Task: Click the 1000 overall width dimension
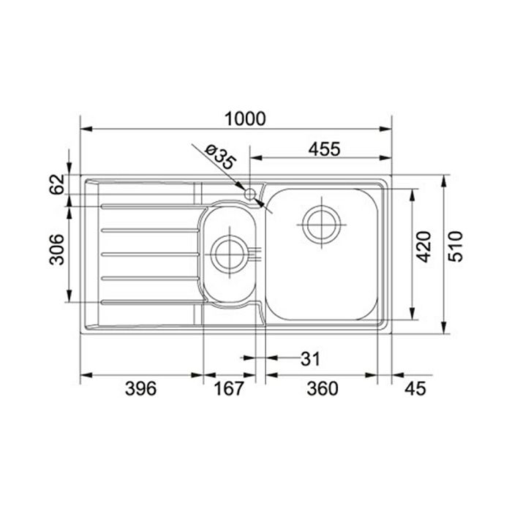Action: click(x=245, y=118)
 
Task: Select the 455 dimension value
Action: click(x=325, y=149)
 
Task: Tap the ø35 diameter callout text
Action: click(x=220, y=157)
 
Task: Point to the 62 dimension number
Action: click(x=57, y=184)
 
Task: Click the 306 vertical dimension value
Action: click(x=57, y=249)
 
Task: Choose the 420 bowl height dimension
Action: click(x=424, y=246)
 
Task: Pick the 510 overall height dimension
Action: click(x=456, y=246)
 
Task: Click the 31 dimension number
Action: click(x=310, y=359)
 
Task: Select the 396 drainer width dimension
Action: click(x=140, y=389)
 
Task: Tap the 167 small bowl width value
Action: click(x=228, y=389)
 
